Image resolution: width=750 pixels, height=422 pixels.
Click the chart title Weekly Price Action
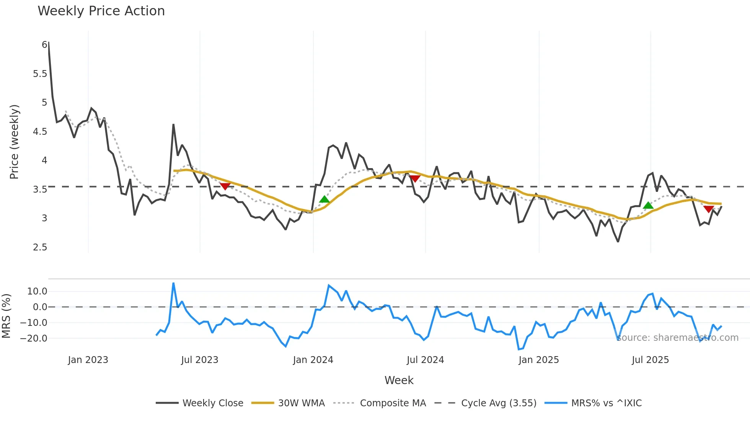click(x=101, y=11)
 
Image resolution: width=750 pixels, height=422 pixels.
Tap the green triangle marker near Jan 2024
click(x=324, y=199)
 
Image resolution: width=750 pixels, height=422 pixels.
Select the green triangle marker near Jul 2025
click(x=648, y=206)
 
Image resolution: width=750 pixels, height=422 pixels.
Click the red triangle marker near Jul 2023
click(x=225, y=186)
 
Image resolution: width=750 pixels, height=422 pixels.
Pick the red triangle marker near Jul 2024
click(x=415, y=178)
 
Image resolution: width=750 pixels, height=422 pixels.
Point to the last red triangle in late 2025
click(x=708, y=209)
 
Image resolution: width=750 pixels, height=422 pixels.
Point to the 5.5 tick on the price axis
click(x=40, y=74)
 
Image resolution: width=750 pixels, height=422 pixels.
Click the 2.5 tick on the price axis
click(x=40, y=247)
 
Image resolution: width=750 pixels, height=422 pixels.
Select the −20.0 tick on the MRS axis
click(x=34, y=339)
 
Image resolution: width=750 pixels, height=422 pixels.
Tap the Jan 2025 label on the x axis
click(x=538, y=360)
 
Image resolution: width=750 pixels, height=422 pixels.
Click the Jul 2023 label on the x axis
click(x=199, y=360)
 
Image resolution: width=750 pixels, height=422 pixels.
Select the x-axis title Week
click(x=399, y=380)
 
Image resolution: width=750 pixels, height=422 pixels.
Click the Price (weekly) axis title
click(x=14, y=142)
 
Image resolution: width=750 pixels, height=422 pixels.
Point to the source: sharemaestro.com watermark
click(x=677, y=338)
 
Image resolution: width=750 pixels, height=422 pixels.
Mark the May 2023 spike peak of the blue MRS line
click(x=173, y=283)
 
